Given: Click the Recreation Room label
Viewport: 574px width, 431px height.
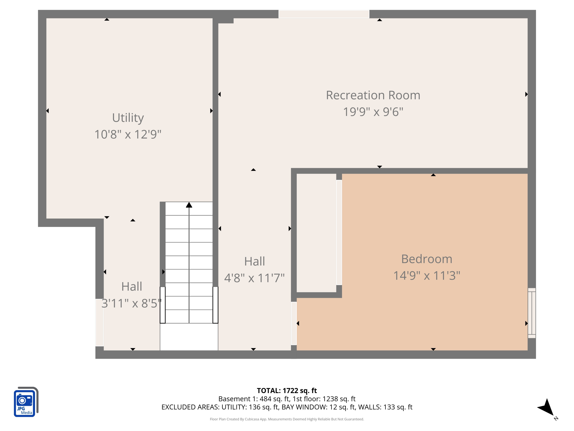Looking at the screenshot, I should tap(373, 95).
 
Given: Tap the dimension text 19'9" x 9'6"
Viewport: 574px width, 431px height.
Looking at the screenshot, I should tap(373, 112).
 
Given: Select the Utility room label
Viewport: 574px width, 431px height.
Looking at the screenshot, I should tap(128, 118).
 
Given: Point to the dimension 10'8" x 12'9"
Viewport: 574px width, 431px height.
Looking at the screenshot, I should tap(128, 134).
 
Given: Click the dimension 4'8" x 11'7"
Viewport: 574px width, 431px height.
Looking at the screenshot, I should tap(254, 278).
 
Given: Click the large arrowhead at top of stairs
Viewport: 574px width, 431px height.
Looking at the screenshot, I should tap(189, 205).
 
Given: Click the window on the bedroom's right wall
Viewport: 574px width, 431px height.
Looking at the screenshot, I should tap(532, 313).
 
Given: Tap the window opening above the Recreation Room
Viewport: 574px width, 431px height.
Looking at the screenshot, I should tap(324, 14).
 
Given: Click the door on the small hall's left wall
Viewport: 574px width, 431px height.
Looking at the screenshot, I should tap(99, 322).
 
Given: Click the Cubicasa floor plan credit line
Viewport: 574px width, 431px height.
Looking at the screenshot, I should tap(287, 419).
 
